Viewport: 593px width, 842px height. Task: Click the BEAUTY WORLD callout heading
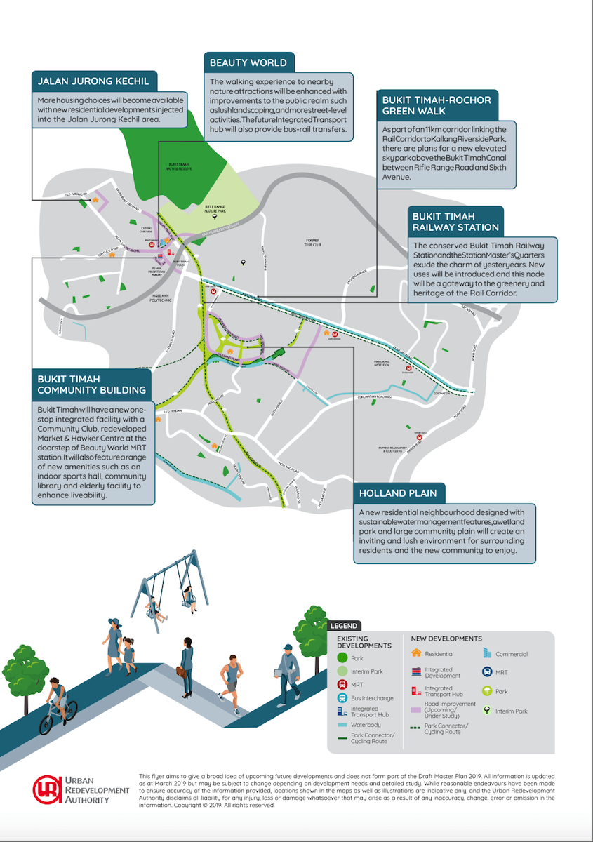(248, 62)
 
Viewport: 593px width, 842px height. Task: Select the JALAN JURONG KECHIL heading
(94, 81)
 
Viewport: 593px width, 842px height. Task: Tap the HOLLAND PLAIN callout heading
(399, 493)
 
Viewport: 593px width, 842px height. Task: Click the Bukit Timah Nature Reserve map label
(180, 167)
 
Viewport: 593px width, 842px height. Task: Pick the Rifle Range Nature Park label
(214, 208)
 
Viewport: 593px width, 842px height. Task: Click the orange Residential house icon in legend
(416, 654)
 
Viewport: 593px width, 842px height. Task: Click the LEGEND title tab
(344, 626)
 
